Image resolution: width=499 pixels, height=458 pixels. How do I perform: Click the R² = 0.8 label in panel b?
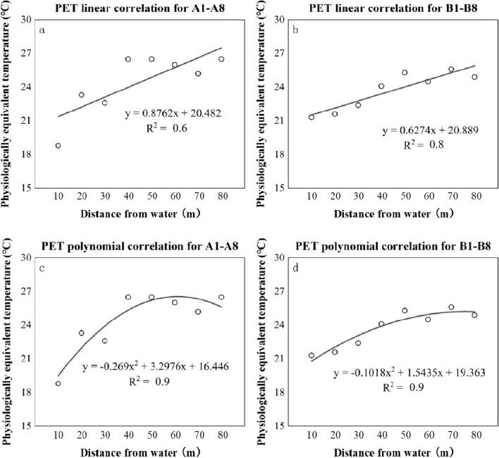tap(426, 145)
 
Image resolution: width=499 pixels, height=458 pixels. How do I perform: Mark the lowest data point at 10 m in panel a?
tap(58, 146)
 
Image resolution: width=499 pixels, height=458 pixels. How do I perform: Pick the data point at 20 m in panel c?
tap(81, 333)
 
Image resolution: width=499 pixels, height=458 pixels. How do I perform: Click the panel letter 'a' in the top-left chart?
tap(43, 30)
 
